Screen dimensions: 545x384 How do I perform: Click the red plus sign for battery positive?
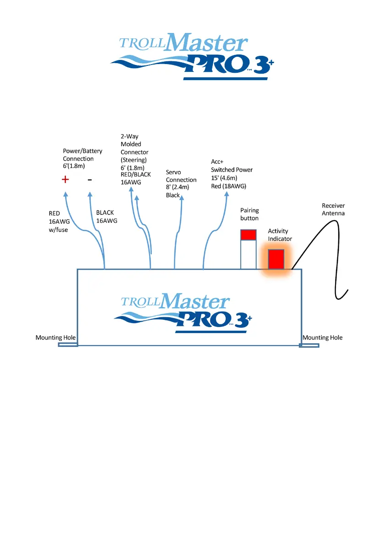click(x=65, y=180)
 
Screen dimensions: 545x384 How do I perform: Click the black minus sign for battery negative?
click(x=90, y=180)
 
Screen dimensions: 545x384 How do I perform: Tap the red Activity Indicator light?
click(x=276, y=259)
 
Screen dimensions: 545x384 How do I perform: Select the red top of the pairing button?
click(x=248, y=235)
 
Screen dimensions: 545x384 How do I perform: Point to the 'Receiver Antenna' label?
click(x=333, y=210)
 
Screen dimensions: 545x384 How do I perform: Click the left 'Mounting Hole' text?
click(x=55, y=338)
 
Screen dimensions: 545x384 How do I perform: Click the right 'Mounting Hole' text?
click(x=322, y=338)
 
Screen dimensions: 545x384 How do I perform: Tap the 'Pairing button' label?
click(x=249, y=214)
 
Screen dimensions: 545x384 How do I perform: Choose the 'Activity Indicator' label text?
click(x=280, y=235)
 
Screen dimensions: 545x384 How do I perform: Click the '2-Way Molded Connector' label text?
click(x=135, y=148)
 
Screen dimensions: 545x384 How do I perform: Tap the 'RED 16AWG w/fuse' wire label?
click(x=58, y=221)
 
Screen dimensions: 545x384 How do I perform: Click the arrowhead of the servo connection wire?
click(x=182, y=198)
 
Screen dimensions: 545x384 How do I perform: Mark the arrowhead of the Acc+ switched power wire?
click(x=227, y=194)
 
